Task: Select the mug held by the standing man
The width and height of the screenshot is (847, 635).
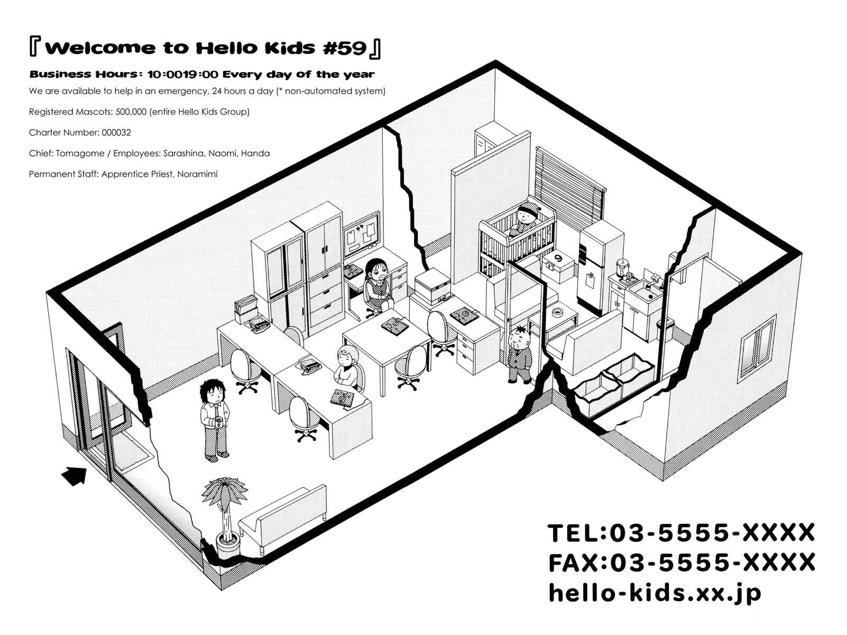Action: (219, 422)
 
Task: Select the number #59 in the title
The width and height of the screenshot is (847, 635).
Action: (345, 48)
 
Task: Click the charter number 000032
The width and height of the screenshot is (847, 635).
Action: (116, 132)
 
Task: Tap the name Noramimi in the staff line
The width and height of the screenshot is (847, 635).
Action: (197, 174)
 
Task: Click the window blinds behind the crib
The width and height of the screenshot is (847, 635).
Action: (570, 189)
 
